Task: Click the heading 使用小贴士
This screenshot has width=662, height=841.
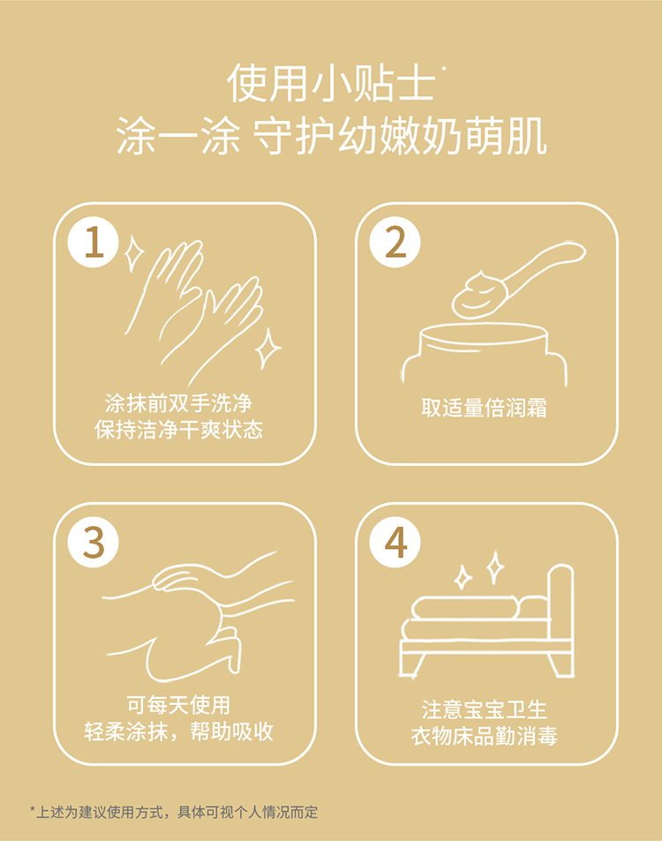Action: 330,84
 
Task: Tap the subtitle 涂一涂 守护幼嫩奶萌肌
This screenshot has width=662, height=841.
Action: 331,139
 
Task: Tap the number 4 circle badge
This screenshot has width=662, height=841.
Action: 395,542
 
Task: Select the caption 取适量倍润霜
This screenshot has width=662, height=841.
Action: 485,409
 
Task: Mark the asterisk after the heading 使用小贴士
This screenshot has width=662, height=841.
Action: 443,68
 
